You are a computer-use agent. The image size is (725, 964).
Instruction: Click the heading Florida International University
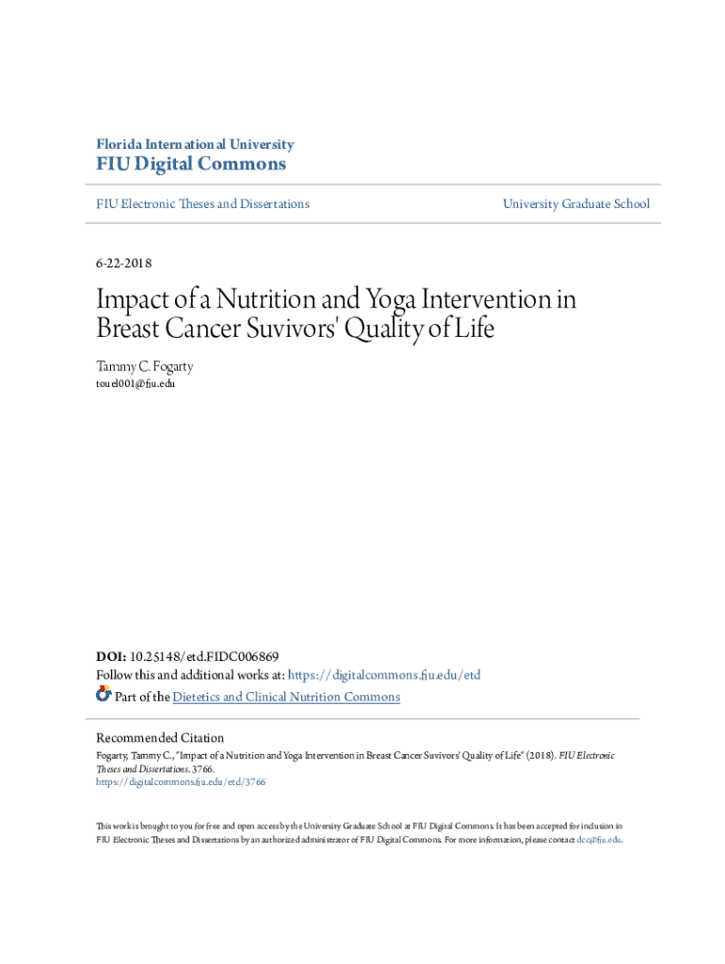[195, 144]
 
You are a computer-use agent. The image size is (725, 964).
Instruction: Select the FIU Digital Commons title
[190, 165]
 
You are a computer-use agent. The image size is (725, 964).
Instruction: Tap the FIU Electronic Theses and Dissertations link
[202, 203]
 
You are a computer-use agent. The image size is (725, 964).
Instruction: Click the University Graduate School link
[575, 203]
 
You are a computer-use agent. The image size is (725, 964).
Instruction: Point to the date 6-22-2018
[123, 263]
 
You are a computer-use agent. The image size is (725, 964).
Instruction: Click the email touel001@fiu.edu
[136, 383]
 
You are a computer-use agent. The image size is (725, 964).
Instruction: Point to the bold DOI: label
[111, 656]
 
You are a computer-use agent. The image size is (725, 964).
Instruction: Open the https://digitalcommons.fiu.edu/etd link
[383, 675]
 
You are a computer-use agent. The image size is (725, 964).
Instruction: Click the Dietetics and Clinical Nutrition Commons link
[286, 697]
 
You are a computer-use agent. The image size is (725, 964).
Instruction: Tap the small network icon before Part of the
[104, 695]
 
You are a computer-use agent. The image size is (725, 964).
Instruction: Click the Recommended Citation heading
[160, 737]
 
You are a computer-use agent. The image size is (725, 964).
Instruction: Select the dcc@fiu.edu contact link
[598, 839]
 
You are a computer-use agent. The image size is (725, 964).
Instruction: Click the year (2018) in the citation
[540, 755]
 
